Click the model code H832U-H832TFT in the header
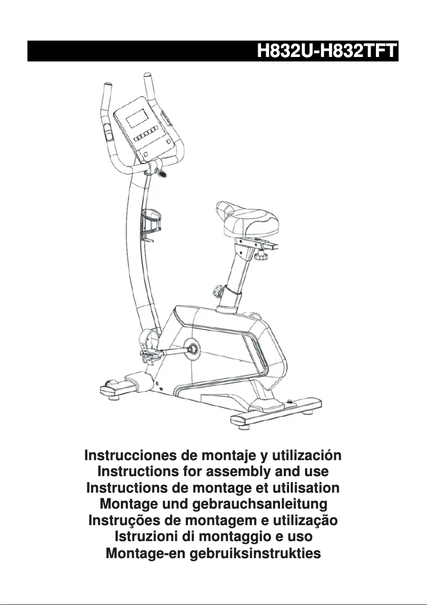pos(326,52)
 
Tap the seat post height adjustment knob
pos(218,292)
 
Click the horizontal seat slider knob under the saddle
pos(261,257)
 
